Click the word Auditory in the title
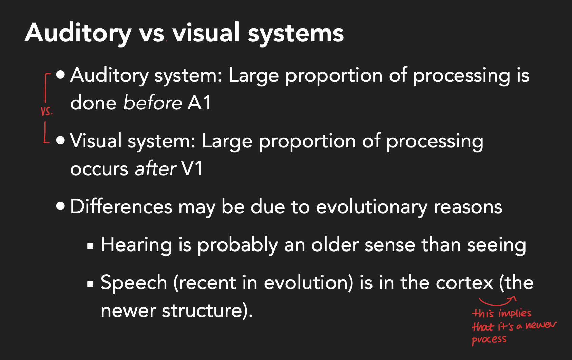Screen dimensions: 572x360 (x=78, y=34)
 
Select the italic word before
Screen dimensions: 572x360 (x=153, y=103)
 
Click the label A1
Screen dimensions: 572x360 (x=199, y=103)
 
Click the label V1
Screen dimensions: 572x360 (x=191, y=168)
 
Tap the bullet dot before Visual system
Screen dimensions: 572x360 (x=60, y=140)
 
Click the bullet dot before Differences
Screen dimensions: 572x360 (x=60, y=206)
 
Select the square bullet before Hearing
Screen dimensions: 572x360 (x=90, y=246)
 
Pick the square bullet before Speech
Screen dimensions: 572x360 (x=90, y=284)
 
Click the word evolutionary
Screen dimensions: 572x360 (x=371, y=207)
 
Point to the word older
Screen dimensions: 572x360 (x=335, y=244)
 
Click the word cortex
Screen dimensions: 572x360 (x=464, y=283)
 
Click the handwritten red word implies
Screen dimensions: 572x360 (x=515, y=313)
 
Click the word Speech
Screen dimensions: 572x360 (x=134, y=283)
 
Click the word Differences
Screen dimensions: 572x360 (x=121, y=206)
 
